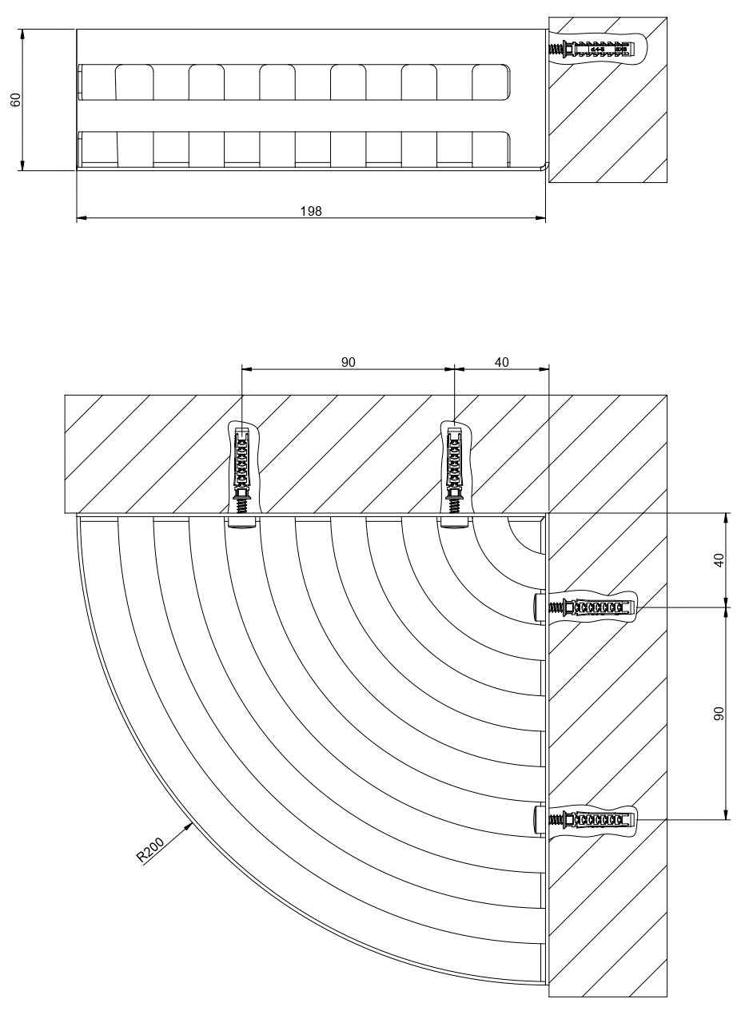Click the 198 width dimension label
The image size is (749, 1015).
(311, 211)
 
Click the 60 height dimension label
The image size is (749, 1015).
(15, 100)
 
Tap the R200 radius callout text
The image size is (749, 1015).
(150, 850)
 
